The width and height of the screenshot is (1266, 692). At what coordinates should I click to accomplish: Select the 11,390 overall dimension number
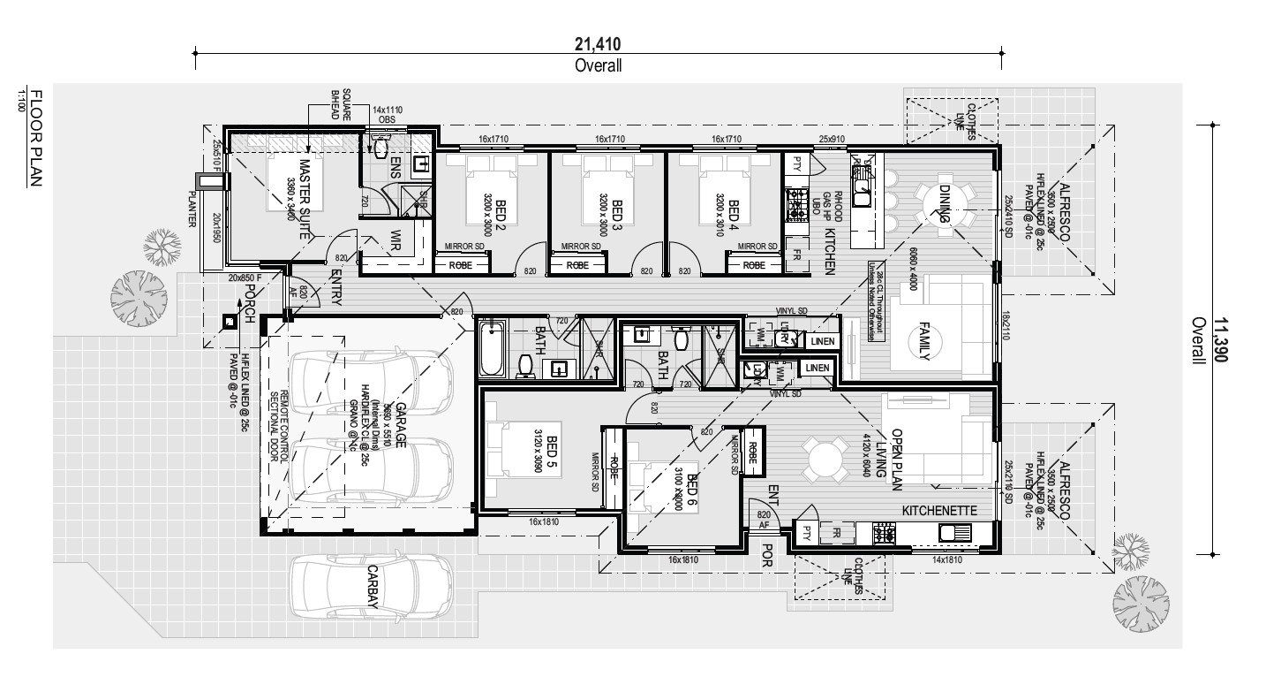(x=1222, y=341)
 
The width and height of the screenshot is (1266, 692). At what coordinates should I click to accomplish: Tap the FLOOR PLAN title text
(x=35, y=138)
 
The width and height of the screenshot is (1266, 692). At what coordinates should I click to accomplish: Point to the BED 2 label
(x=500, y=211)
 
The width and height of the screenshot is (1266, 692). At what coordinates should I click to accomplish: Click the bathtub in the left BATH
(x=491, y=349)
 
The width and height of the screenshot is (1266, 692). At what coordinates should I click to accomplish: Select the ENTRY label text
(x=336, y=288)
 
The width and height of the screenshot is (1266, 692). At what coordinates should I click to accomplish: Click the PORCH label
(x=250, y=304)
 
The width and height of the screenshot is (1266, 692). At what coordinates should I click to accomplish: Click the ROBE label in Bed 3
(x=577, y=264)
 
